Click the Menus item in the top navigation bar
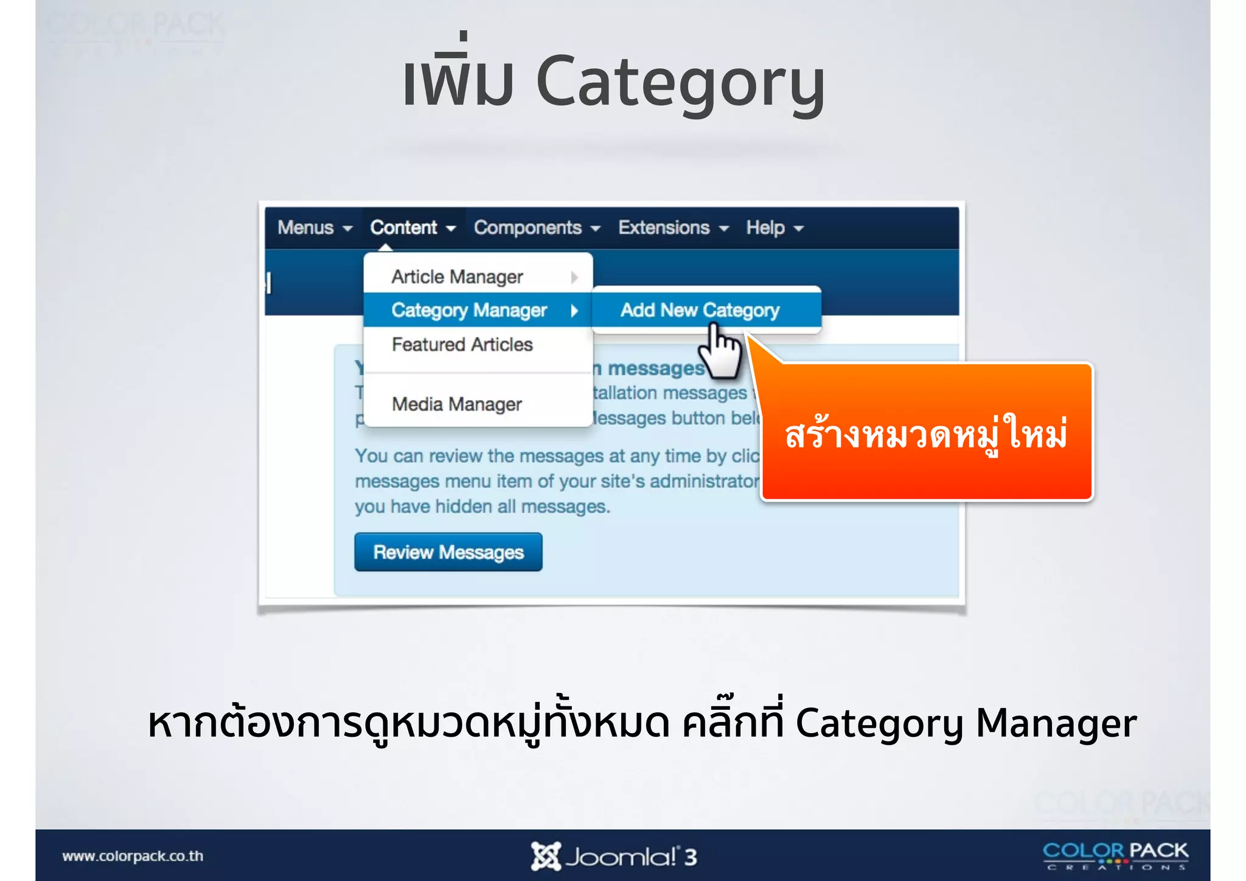[x=314, y=228]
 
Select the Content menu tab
[x=412, y=228]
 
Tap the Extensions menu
[x=673, y=228]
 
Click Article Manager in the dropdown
[x=457, y=277]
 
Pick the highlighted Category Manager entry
[x=469, y=311]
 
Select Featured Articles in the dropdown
[x=462, y=345]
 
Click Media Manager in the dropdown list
[x=456, y=404]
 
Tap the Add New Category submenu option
[x=700, y=311]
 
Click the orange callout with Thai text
[x=926, y=433]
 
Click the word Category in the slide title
[x=680, y=83]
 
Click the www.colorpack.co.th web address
[x=133, y=856]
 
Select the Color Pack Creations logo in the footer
[x=1115, y=855]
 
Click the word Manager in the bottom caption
[x=1056, y=723]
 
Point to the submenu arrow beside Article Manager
[x=574, y=278]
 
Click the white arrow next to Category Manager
[x=574, y=311]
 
